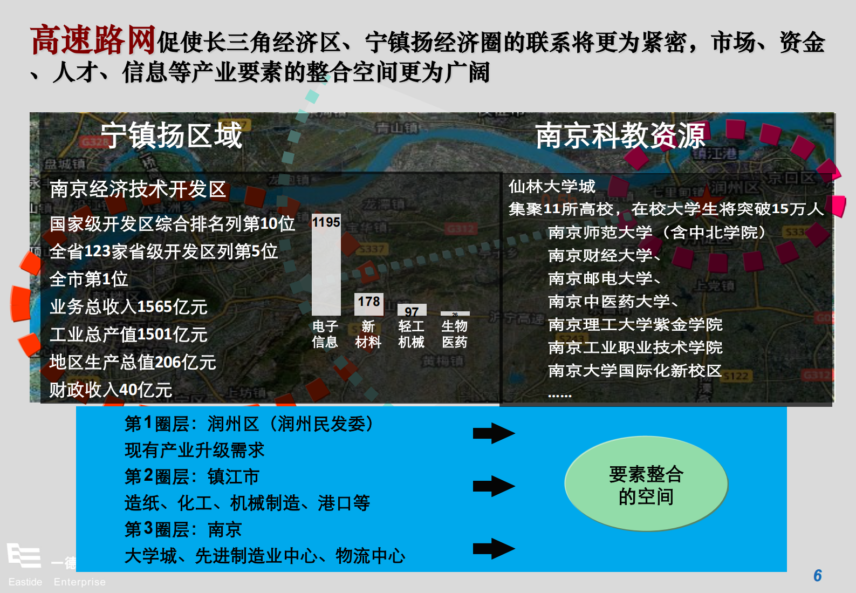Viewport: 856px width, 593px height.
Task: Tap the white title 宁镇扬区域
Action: pos(172,135)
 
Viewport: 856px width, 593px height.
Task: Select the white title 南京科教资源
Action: pos(620,135)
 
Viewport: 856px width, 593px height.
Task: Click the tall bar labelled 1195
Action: pos(326,270)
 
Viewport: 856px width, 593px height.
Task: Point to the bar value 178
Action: pos(369,302)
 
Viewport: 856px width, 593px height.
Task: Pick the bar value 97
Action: pos(412,311)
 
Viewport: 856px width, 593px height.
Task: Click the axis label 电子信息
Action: pos(325,334)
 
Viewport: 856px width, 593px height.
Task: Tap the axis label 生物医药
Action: pos(454,334)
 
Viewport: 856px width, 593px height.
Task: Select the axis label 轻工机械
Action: pos(411,334)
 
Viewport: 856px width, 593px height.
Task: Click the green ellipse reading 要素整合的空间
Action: pos(646,484)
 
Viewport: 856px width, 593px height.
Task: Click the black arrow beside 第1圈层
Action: pos(494,433)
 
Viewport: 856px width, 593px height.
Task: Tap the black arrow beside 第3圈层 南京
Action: pos(494,549)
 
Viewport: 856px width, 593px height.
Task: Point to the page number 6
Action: pos(817,576)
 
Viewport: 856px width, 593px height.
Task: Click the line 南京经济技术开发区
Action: pos(138,189)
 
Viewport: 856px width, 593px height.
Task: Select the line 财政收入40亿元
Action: pos(111,390)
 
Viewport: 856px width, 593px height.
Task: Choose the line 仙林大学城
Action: pos(552,187)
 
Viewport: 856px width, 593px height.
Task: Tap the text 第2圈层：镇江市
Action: pos(191,476)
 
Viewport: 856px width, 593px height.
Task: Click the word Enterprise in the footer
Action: pos(80,582)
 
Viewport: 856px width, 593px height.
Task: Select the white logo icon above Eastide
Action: pos(24,555)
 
